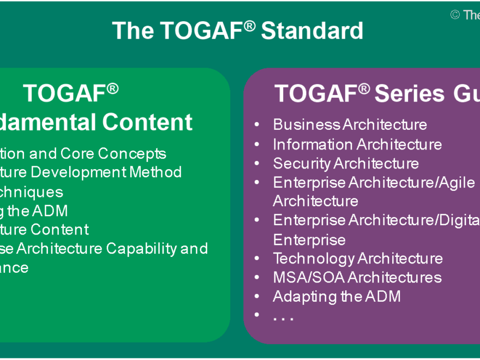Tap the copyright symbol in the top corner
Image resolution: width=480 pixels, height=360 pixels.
(x=455, y=15)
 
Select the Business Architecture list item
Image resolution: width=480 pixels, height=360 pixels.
(x=350, y=124)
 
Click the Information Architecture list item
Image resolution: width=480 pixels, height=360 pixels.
(x=357, y=144)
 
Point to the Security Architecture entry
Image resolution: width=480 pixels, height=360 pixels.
(x=346, y=163)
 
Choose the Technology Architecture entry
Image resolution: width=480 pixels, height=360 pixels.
(x=358, y=258)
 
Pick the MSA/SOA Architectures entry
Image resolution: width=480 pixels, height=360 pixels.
(x=357, y=277)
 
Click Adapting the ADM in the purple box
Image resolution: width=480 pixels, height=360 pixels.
(x=337, y=296)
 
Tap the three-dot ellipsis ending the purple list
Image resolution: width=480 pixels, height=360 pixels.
(x=283, y=317)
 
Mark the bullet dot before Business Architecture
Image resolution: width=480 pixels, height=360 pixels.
(x=257, y=125)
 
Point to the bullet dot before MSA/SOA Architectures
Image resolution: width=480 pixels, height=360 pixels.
(x=257, y=278)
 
